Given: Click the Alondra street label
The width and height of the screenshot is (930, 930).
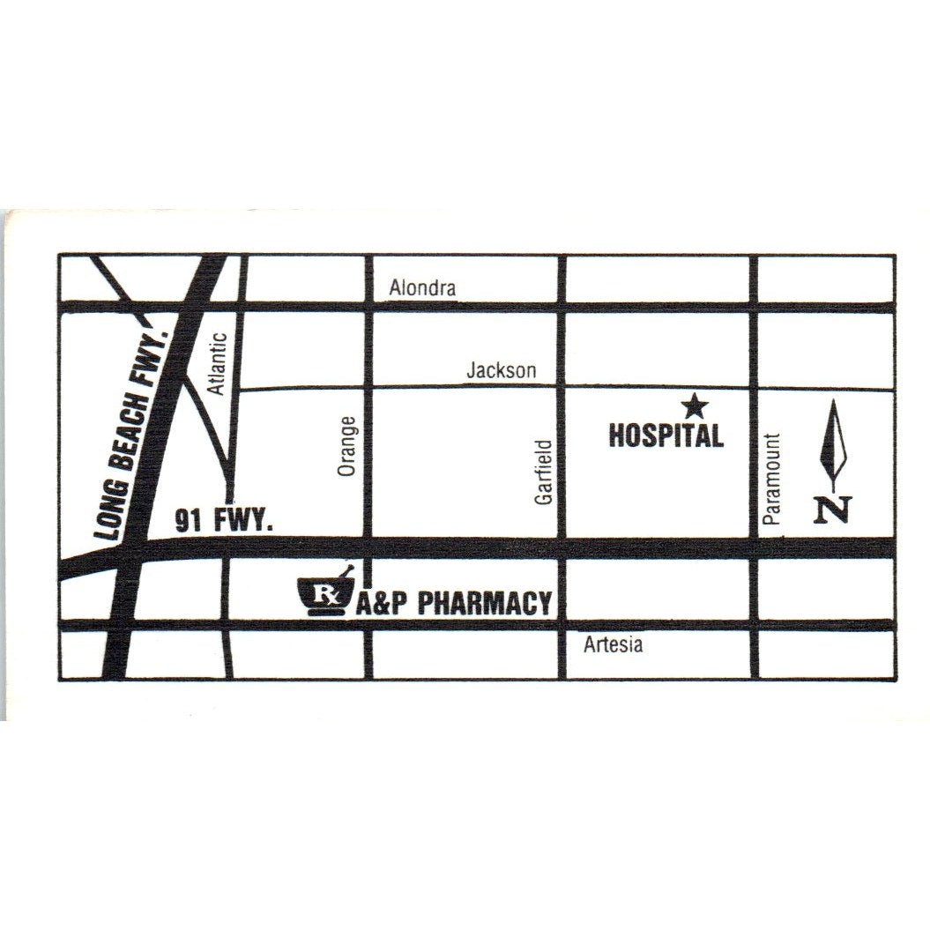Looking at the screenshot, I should click(x=423, y=288).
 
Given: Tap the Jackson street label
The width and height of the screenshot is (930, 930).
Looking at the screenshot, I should click(x=501, y=371).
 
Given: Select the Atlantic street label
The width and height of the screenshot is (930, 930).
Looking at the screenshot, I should click(x=219, y=362).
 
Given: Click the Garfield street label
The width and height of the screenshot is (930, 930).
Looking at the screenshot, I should click(x=544, y=472).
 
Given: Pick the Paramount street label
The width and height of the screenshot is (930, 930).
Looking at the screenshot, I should click(x=774, y=479).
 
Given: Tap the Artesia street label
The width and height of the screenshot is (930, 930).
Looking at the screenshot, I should click(x=614, y=645).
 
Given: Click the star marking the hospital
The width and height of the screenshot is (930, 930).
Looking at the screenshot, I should click(x=696, y=406).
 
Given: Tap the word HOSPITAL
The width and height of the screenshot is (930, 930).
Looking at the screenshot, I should click(x=666, y=435).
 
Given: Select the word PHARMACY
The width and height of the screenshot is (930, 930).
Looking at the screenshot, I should click(x=484, y=604).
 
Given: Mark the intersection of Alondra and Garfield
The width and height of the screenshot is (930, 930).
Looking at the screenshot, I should click(x=561, y=308).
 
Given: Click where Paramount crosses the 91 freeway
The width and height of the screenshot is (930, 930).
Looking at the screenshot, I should click(x=754, y=547).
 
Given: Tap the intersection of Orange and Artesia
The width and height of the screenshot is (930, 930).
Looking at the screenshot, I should click(x=368, y=625).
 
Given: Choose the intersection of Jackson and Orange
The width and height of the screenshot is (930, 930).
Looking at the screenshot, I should click(x=368, y=388).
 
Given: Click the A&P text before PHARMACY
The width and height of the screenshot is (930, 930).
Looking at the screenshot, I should click(x=383, y=604).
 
